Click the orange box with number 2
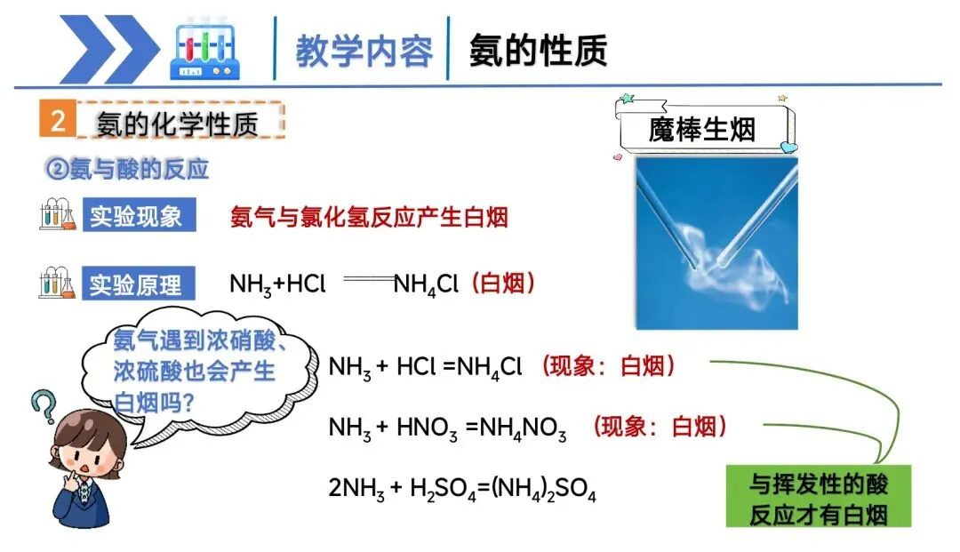coord(58,121)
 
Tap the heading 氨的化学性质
coord(178,124)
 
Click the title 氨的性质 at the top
coord(539,50)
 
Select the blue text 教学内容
coord(364,51)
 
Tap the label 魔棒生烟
coord(702,129)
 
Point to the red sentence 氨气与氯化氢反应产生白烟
coord(369,217)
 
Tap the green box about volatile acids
coord(819,497)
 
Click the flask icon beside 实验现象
coord(58,216)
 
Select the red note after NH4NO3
coord(660,427)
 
